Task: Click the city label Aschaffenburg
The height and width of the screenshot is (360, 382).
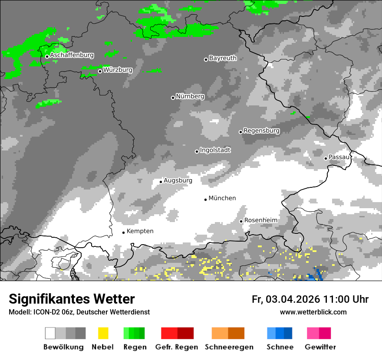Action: [72, 55]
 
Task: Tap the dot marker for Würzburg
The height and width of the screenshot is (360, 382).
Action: [100, 71]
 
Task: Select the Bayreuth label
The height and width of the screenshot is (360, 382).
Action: [223, 58]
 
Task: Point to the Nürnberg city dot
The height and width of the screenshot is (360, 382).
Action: [173, 98]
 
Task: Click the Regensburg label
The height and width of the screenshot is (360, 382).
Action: [261, 131]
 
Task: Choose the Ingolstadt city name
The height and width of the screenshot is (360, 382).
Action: [215, 150]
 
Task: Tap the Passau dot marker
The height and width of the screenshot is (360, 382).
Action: [326, 158]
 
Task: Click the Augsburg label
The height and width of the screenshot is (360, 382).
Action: [178, 180]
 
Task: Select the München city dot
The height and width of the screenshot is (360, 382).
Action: [205, 200]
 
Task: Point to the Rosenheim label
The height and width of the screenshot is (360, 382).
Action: [261, 220]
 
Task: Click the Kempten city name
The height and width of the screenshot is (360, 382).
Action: [140, 231]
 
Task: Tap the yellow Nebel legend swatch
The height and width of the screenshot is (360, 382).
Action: [103, 333]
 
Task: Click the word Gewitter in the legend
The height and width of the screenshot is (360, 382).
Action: [320, 347]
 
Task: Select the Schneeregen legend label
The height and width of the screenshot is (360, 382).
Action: [229, 347]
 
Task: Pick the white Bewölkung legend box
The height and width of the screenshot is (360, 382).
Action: [50, 333]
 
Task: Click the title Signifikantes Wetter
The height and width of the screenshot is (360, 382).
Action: [72, 299]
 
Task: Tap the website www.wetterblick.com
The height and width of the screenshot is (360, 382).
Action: [313, 312]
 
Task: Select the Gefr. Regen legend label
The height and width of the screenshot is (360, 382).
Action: [176, 347]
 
